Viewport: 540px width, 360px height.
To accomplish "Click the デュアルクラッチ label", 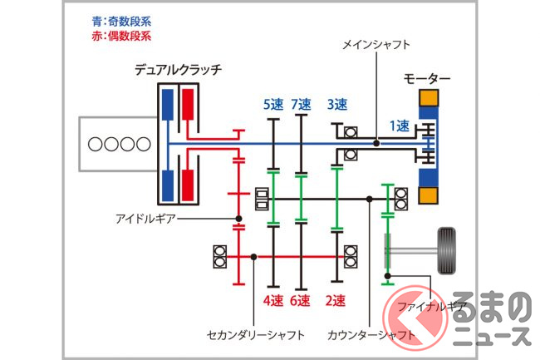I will (177, 70).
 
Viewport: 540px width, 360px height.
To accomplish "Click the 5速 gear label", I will (273, 105).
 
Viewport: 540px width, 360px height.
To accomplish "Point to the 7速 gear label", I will (301, 105).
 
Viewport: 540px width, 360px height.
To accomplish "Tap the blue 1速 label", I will (400, 126).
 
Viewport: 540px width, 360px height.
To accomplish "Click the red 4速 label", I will (273, 299).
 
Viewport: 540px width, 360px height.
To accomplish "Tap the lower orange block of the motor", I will (430, 196).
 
